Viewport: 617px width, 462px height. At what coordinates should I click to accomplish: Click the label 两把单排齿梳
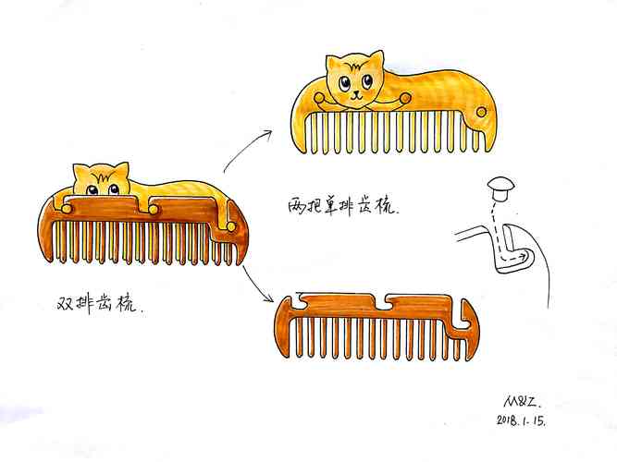click(x=343, y=206)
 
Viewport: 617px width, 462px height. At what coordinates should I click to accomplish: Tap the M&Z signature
click(x=523, y=402)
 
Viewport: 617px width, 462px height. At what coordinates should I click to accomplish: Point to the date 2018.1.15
click(x=521, y=420)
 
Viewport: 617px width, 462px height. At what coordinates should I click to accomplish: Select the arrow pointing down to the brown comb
click(x=257, y=284)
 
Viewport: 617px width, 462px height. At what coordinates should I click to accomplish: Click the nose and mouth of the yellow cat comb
click(x=356, y=95)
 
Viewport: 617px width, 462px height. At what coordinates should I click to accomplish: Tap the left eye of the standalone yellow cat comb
click(x=345, y=83)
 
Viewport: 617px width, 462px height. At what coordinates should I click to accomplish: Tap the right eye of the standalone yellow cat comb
click(x=367, y=81)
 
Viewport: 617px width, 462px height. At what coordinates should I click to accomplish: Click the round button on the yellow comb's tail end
click(x=481, y=112)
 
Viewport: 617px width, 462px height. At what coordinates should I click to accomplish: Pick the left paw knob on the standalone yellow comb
click(x=319, y=97)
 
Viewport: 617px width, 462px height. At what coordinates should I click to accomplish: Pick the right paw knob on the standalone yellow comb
click(x=406, y=97)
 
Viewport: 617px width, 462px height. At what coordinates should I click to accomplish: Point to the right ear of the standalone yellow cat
click(x=376, y=59)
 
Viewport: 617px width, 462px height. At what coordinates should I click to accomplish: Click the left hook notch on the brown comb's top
click(x=301, y=300)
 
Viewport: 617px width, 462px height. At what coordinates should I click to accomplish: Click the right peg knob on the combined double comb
click(x=231, y=227)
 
